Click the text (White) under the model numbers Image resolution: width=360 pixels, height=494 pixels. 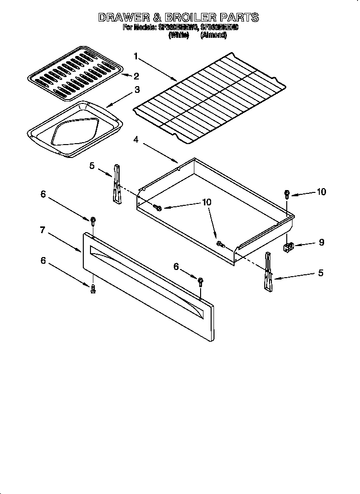[179, 35]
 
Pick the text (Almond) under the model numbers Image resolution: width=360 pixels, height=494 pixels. [214, 35]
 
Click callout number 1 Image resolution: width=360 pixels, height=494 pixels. [136, 56]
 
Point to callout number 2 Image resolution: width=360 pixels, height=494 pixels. [136, 76]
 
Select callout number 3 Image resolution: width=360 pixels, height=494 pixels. [137, 90]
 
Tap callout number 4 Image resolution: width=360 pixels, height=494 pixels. [136, 140]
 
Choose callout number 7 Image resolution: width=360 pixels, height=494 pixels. [43, 230]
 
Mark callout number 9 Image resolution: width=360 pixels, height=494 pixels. [321, 242]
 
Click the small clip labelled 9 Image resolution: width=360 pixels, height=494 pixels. [288, 247]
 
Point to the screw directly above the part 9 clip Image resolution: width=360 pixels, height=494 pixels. [287, 194]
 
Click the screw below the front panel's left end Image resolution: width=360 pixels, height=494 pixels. [93, 288]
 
